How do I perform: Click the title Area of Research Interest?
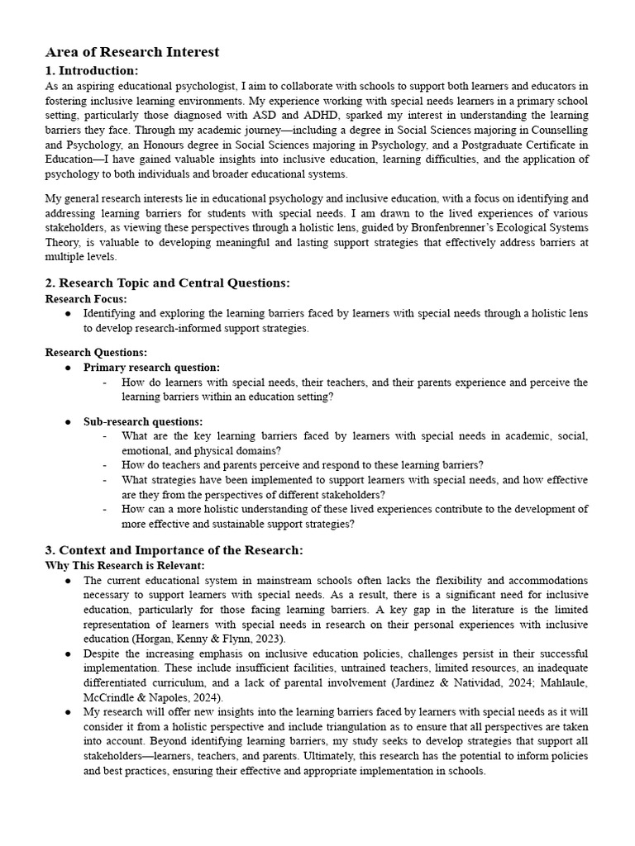[x=132, y=52]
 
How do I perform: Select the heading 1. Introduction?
[x=92, y=70]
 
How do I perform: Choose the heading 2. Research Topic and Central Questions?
[x=168, y=283]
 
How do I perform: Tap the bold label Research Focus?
[x=86, y=299]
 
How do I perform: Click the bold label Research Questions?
[x=96, y=353]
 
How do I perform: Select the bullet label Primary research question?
[x=151, y=368]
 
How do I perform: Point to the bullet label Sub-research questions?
[x=143, y=421]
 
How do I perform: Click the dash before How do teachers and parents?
[x=105, y=465]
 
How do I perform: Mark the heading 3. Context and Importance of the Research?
[x=174, y=550]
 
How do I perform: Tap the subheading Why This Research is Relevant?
[x=125, y=566]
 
